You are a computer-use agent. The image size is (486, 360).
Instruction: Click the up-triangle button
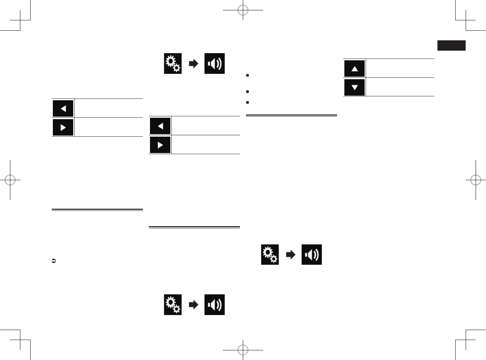(x=354, y=69)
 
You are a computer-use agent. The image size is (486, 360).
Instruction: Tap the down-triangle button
(x=354, y=87)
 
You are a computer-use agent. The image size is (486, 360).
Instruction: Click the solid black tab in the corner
(x=451, y=45)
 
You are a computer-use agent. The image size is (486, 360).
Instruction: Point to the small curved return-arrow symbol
(x=54, y=261)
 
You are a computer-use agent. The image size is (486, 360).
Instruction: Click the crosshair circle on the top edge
(x=243, y=10)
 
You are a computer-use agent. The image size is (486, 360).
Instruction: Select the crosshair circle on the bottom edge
(x=243, y=350)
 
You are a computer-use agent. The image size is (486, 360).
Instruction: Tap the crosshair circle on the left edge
(x=10, y=180)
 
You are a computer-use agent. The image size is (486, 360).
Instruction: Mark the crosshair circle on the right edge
(x=476, y=180)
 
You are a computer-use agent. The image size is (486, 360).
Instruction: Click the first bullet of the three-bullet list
(x=247, y=75)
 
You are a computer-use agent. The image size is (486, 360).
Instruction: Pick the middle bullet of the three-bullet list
(x=247, y=92)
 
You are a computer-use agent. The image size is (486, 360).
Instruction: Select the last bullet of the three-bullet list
(x=247, y=102)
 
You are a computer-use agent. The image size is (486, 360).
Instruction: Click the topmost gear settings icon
(x=173, y=64)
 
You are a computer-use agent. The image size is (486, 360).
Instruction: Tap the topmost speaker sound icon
(x=214, y=64)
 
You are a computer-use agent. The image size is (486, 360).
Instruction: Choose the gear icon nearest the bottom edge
(x=173, y=305)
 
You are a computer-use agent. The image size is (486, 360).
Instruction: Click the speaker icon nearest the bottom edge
(x=214, y=305)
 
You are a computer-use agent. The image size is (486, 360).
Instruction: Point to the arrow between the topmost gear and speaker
(x=193, y=64)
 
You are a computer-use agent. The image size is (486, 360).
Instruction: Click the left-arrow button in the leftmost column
(x=63, y=108)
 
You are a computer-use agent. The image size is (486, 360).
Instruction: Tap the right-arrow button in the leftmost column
(x=63, y=127)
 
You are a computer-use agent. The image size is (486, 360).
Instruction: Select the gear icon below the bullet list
(x=270, y=254)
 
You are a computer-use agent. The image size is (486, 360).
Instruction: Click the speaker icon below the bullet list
(x=311, y=254)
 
